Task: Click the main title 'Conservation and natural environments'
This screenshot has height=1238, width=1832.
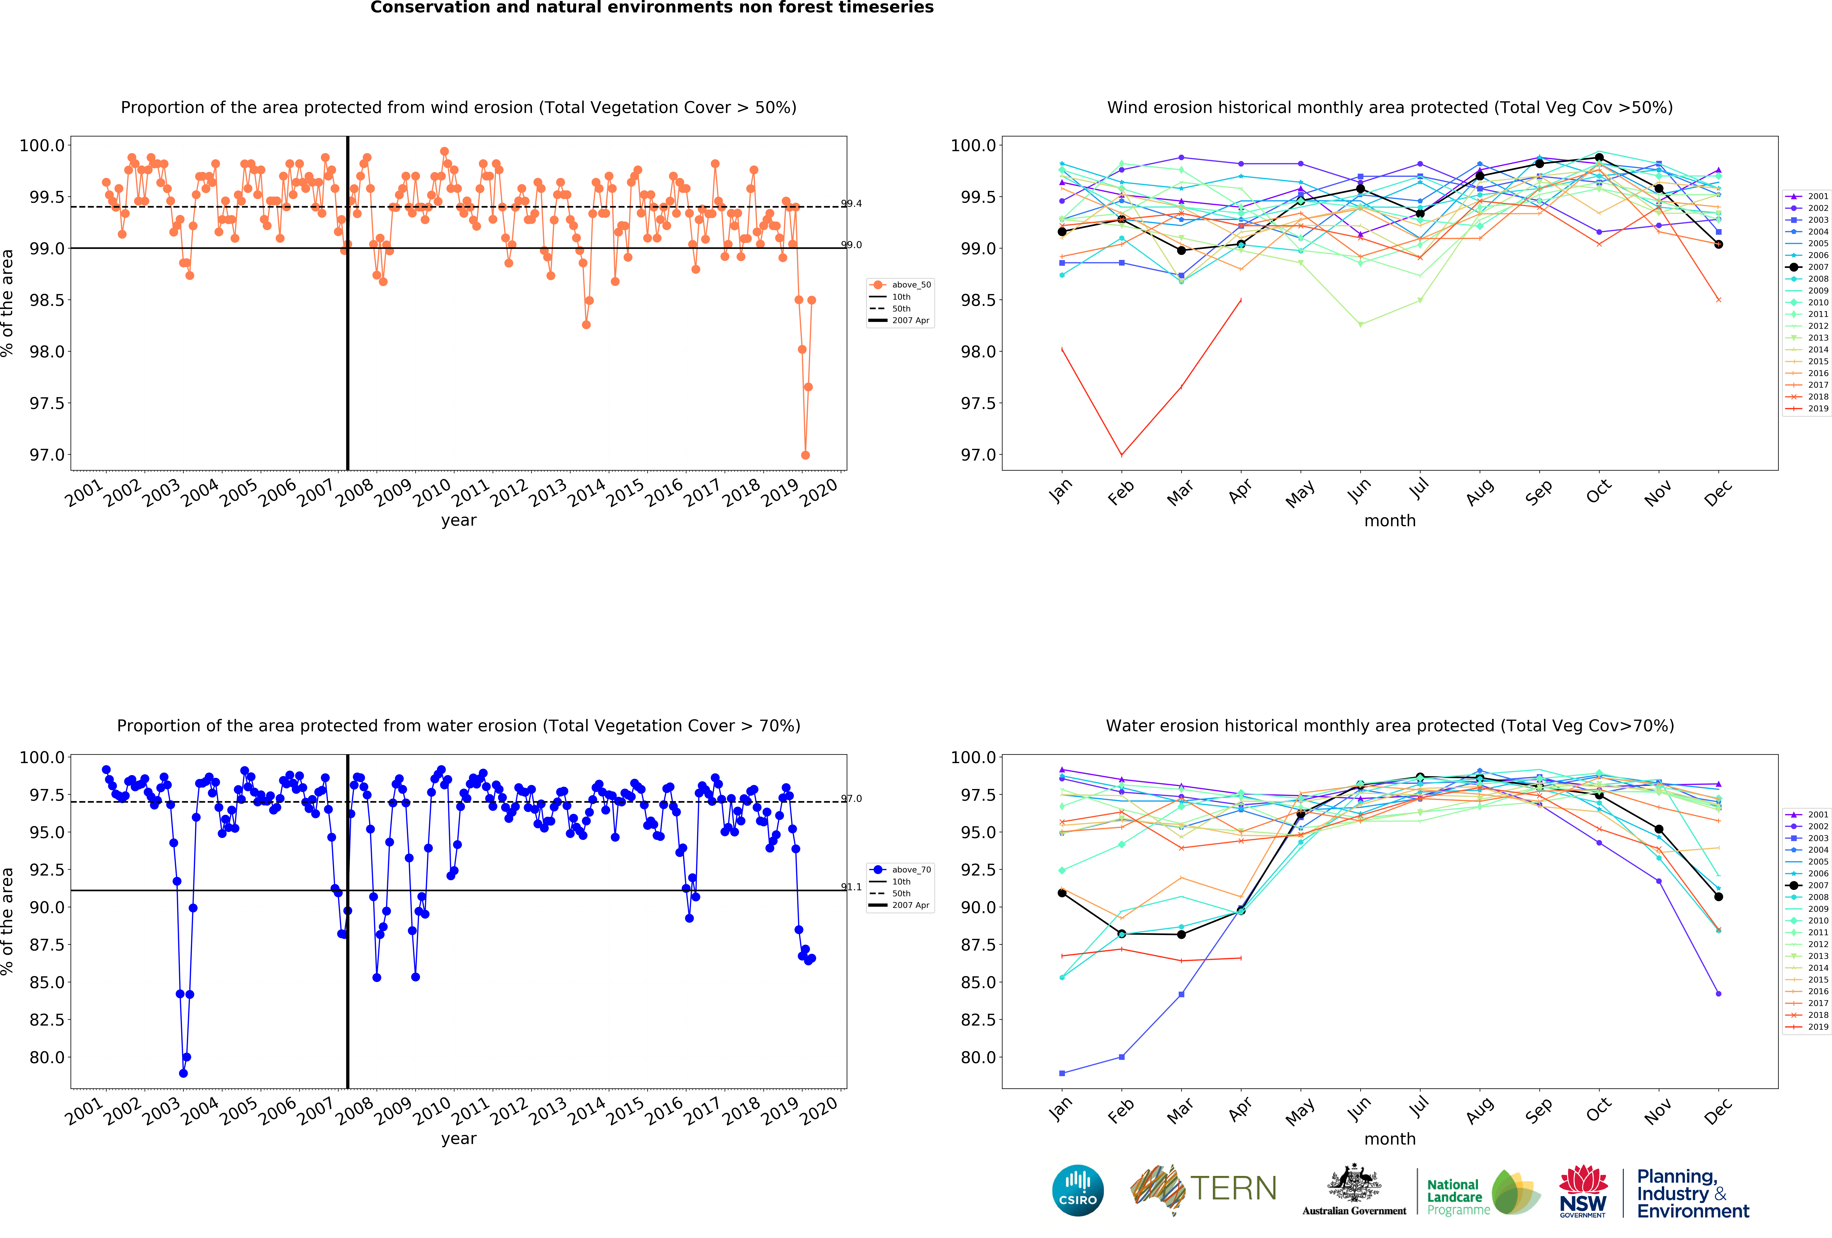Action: point(652,8)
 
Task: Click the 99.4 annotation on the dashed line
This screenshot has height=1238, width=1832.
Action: point(851,204)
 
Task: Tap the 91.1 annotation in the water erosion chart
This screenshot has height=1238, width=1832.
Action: point(851,887)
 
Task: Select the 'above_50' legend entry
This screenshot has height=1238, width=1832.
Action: point(910,285)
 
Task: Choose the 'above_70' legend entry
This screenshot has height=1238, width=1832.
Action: point(910,870)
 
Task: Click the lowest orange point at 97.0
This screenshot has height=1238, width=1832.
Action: point(805,455)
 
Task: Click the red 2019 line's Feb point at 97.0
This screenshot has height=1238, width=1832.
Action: point(1122,455)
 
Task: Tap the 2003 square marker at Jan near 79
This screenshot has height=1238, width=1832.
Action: point(1062,1073)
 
